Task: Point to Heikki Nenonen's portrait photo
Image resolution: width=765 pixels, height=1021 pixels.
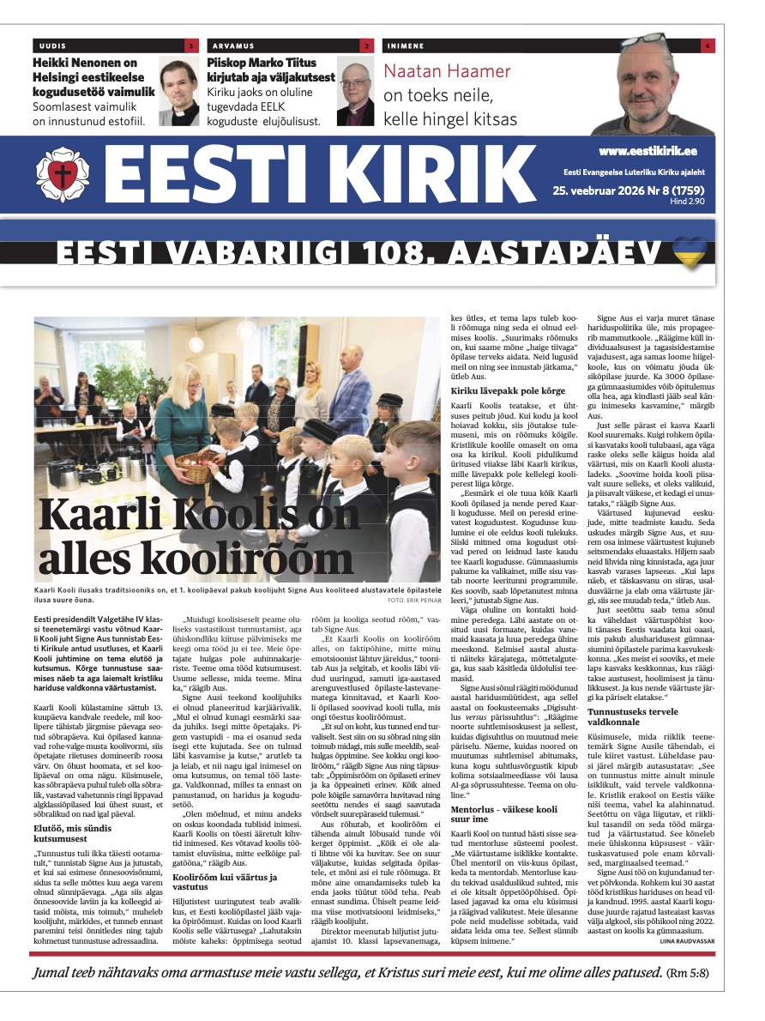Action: (x=178, y=92)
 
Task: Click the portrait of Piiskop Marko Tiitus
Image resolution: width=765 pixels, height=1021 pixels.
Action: (x=354, y=92)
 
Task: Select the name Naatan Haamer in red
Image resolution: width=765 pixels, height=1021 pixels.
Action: (x=447, y=71)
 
